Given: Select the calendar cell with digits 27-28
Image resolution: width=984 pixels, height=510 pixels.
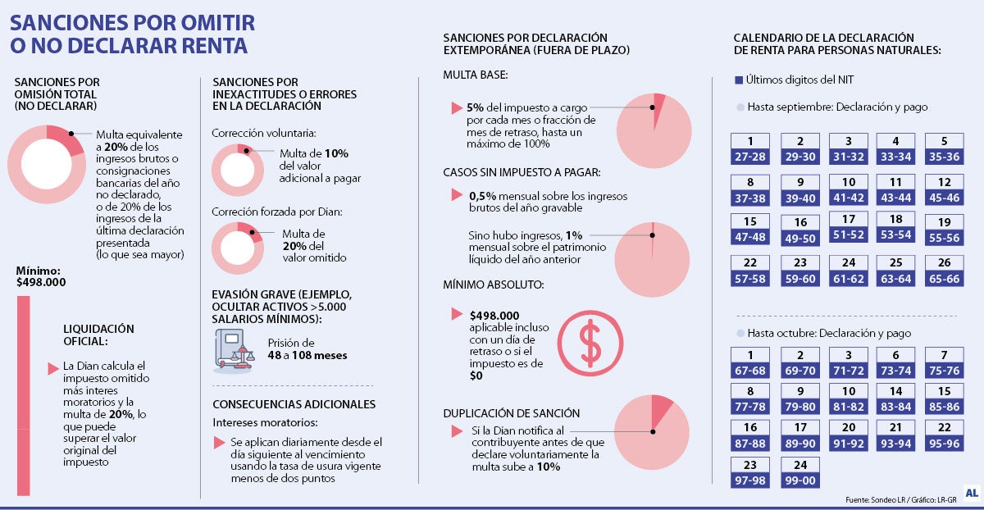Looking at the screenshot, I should tap(750, 157).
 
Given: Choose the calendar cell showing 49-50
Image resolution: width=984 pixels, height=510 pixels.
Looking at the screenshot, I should tap(800, 239).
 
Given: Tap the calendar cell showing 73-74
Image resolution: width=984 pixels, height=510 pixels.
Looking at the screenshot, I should tap(895, 371).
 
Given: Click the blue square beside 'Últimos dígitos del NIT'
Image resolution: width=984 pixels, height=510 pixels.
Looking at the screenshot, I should tap(739, 80).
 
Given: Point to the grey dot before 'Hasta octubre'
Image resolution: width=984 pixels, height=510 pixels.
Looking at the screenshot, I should tap(740, 334).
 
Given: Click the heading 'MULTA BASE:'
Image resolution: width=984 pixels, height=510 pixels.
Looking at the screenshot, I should tap(476, 75).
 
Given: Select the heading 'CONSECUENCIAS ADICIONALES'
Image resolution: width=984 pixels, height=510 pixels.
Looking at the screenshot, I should tap(294, 404).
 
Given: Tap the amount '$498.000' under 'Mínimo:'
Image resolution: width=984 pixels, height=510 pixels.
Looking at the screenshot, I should tap(41, 282).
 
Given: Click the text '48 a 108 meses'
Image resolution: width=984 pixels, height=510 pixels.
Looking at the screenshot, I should tap(307, 355).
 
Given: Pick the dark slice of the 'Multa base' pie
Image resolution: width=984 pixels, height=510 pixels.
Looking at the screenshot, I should tap(658, 104).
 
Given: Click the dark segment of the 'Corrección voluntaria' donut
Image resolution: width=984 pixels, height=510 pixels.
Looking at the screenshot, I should tap(246, 149).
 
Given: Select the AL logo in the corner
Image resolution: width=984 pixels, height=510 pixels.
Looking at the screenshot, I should tap(972, 493).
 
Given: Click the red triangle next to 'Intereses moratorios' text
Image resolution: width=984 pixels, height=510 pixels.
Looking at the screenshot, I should tap(219, 443).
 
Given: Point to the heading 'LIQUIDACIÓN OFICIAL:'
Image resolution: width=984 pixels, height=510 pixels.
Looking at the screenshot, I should tap(98, 335).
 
